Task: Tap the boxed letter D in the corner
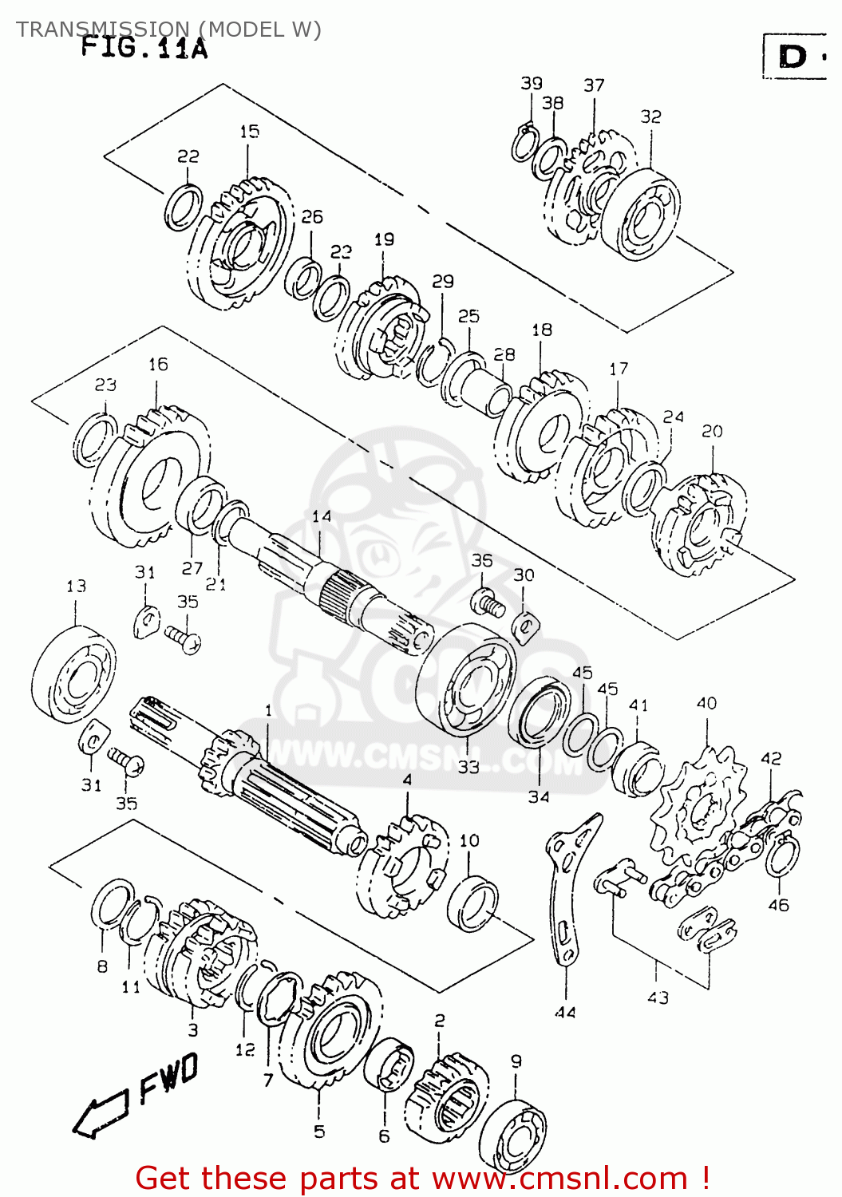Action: (793, 57)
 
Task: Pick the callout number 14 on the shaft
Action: (322, 516)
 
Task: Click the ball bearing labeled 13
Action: (73, 675)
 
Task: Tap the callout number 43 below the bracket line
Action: (658, 997)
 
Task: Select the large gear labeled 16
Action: (152, 479)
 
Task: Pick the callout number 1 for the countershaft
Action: (269, 710)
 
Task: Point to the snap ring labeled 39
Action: (523, 144)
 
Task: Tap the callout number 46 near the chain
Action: (778, 904)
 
